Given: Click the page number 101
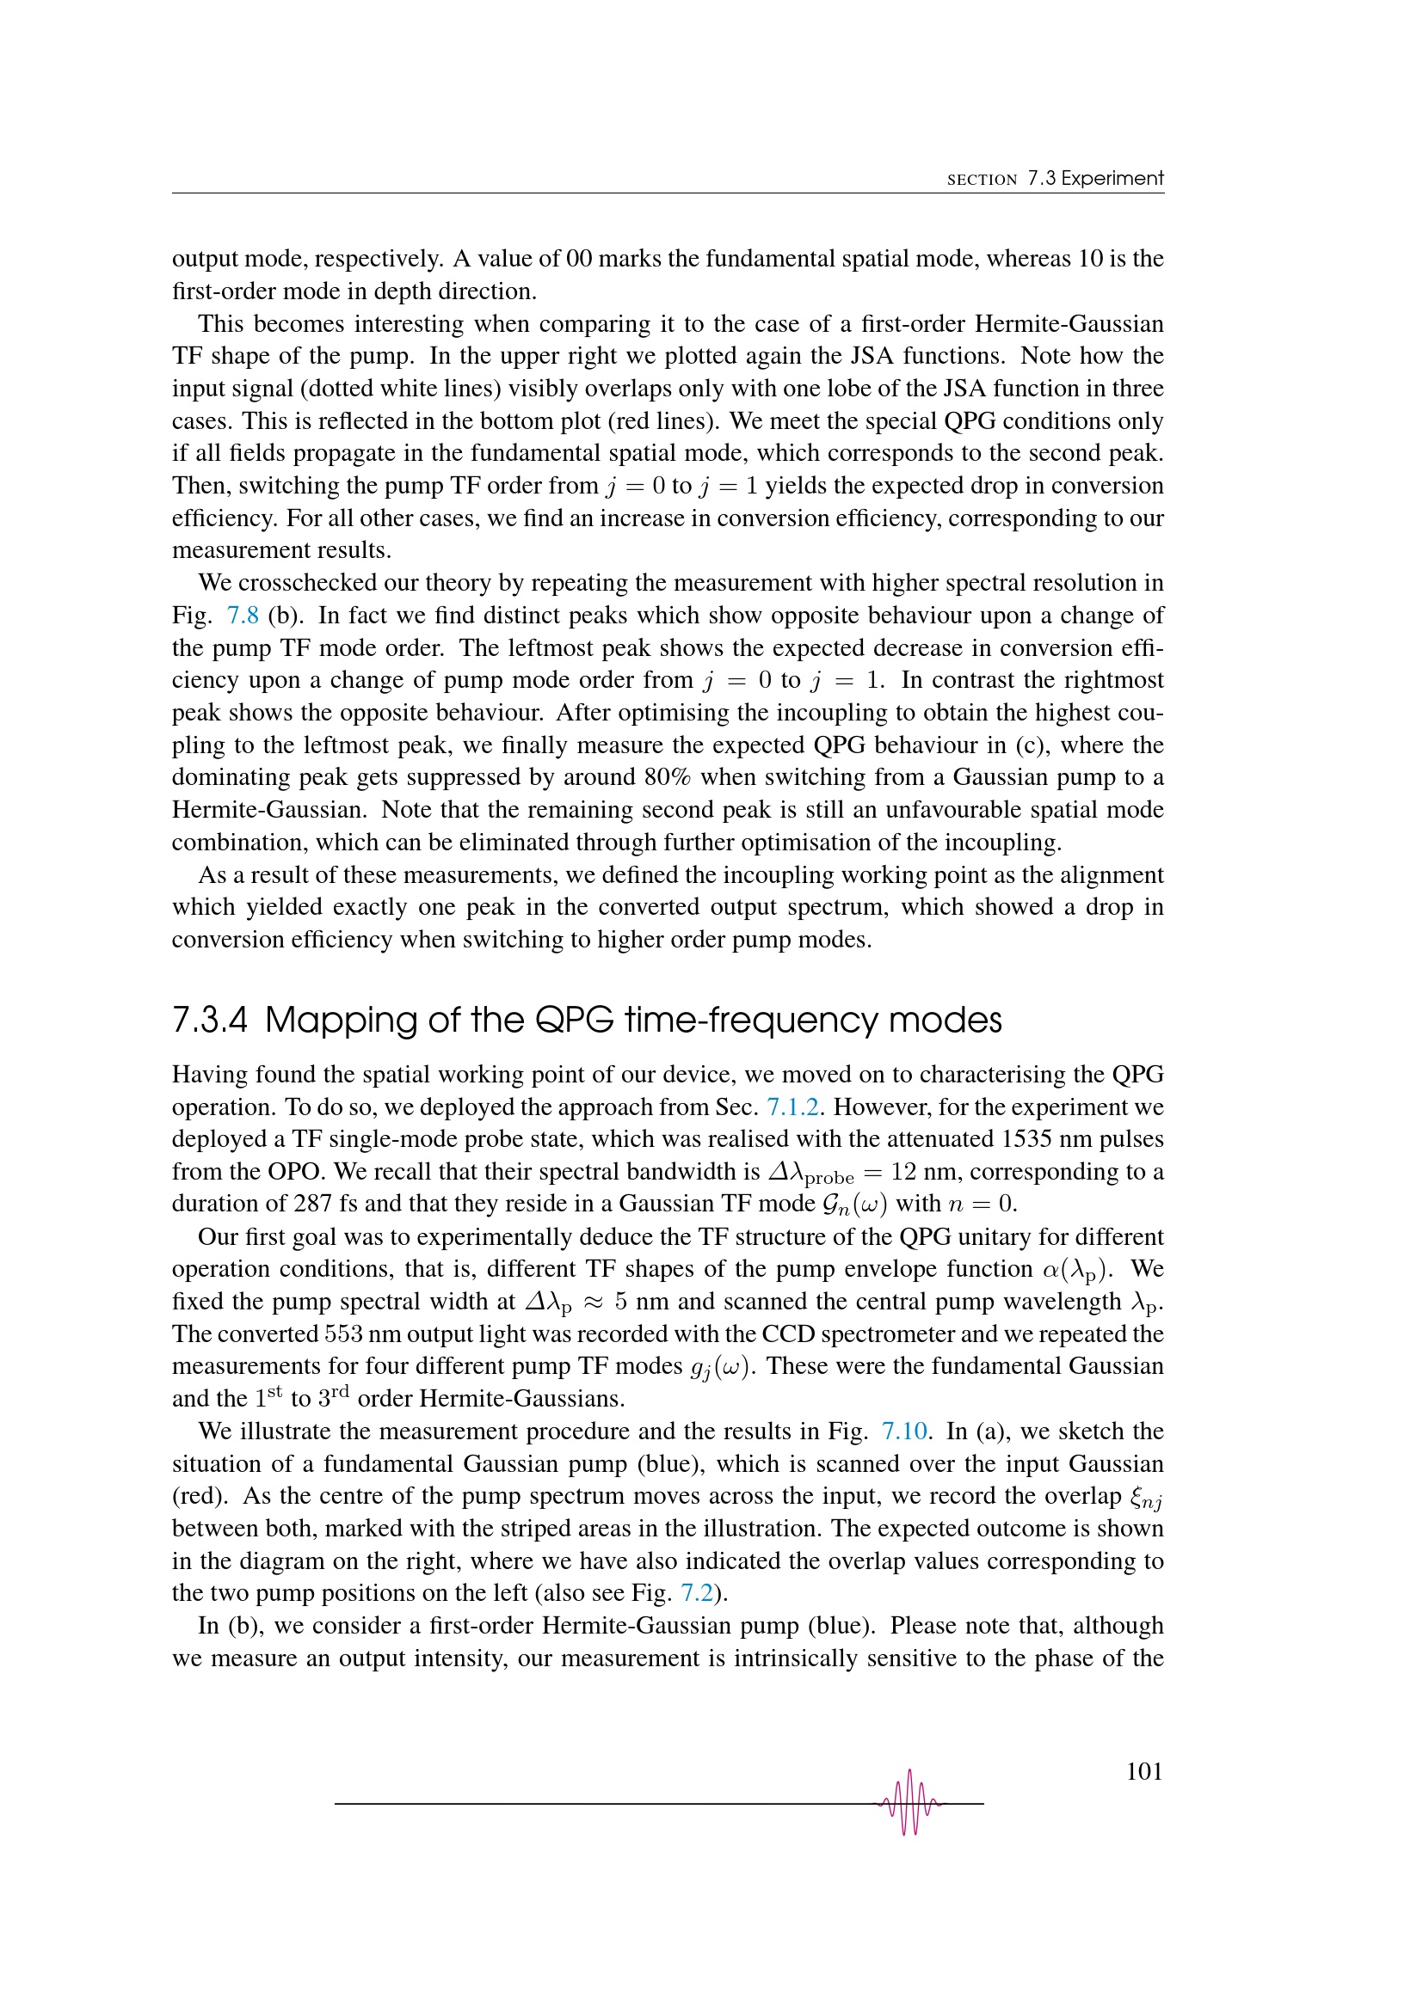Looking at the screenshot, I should pos(1143,1772).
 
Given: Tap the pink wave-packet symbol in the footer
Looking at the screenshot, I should pos(909,1803).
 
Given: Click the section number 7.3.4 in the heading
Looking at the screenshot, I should pos(209,1021).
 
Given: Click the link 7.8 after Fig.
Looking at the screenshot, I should pos(243,616).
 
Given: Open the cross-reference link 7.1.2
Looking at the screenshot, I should pos(792,1107).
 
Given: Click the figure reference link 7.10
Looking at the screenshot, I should pos(904,1432).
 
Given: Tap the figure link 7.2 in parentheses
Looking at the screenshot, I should pos(697,1593).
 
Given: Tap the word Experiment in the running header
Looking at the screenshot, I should pos(1112,179).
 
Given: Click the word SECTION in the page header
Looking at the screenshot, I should pos(982,181).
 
